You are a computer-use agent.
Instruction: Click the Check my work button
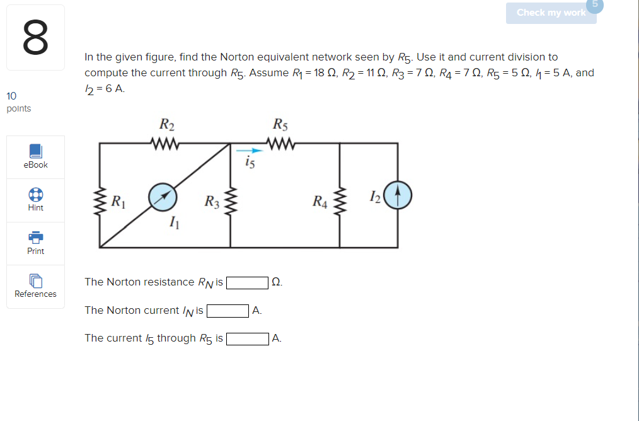[x=551, y=13]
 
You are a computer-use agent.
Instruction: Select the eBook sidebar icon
[x=36, y=151]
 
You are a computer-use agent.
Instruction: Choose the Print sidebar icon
[x=36, y=237]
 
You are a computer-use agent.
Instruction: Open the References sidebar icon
[x=36, y=280]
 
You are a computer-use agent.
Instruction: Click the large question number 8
[x=35, y=38]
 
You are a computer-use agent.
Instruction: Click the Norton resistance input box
[x=248, y=282]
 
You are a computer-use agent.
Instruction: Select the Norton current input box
[x=227, y=311]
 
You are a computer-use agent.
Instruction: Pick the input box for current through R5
[x=248, y=339]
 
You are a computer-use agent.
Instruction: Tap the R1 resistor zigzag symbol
[x=100, y=200]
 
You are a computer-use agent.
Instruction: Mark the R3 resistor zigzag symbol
[x=231, y=200]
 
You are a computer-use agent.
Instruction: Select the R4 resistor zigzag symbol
[x=340, y=200]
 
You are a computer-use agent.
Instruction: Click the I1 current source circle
[x=163, y=195]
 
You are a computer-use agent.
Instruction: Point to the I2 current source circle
[x=397, y=195]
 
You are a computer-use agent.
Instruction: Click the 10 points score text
[x=18, y=102]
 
